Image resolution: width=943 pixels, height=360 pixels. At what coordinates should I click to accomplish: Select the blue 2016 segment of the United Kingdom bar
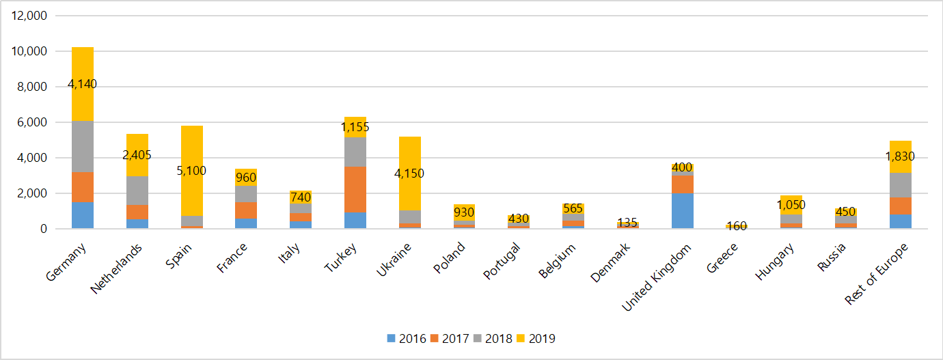click(683, 211)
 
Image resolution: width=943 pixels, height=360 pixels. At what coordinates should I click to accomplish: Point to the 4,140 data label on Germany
click(83, 85)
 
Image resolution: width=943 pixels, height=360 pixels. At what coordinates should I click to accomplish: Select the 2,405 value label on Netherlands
click(137, 155)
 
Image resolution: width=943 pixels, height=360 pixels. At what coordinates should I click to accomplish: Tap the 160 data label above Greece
click(737, 226)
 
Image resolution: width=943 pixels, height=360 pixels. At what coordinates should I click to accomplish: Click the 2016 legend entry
click(407, 338)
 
